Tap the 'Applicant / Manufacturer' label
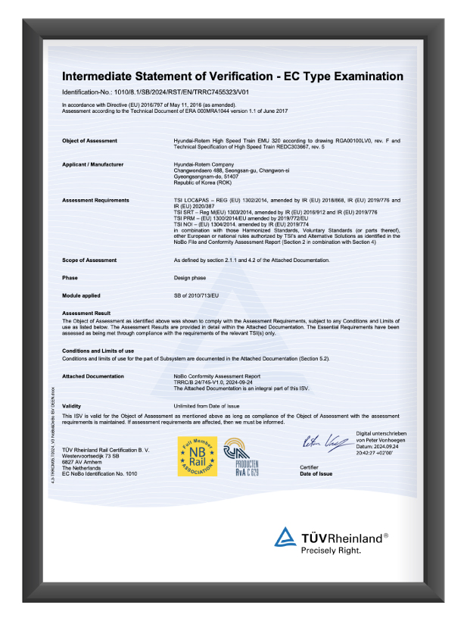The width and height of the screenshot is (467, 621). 92,164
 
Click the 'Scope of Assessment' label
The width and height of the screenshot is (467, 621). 89,260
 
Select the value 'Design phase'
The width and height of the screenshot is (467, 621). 191,277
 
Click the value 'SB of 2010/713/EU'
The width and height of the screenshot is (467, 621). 197,295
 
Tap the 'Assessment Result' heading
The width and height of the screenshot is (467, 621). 86,313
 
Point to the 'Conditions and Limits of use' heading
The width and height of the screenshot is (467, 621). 98,351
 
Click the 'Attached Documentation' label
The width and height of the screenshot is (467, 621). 92,376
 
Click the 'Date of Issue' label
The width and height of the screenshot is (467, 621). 316,473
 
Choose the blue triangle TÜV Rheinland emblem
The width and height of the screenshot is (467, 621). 285,538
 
